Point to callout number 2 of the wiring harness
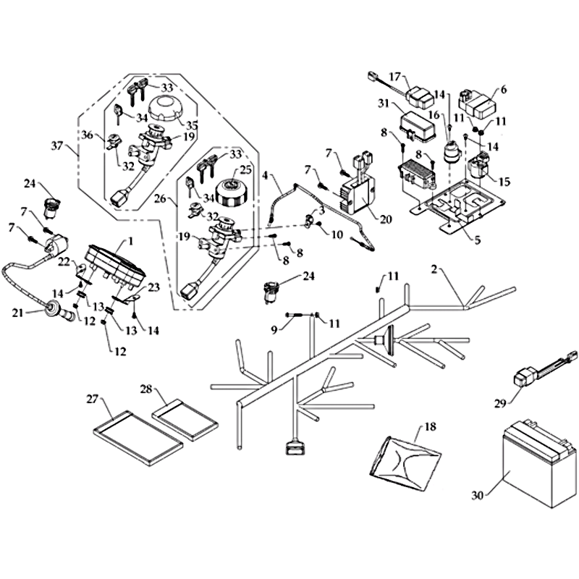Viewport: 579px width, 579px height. coord(433,270)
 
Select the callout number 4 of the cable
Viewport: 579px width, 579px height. coord(265,175)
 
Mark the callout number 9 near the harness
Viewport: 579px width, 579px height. coord(275,330)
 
